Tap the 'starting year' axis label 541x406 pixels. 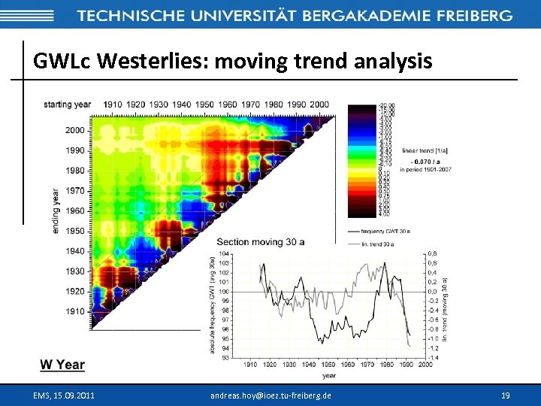click(x=68, y=105)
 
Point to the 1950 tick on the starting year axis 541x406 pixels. click(x=204, y=105)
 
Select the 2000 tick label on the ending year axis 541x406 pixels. click(x=74, y=130)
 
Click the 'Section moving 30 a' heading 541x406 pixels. click(x=261, y=241)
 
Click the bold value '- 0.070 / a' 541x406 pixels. click(x=426, y=160)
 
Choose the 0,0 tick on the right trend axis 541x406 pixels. click(x=433, y=292)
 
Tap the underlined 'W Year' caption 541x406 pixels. click(x=62, y=365)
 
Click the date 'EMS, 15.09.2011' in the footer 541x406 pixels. click(x=65, y=395)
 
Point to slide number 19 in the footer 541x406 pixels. click(x=505, y=395)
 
